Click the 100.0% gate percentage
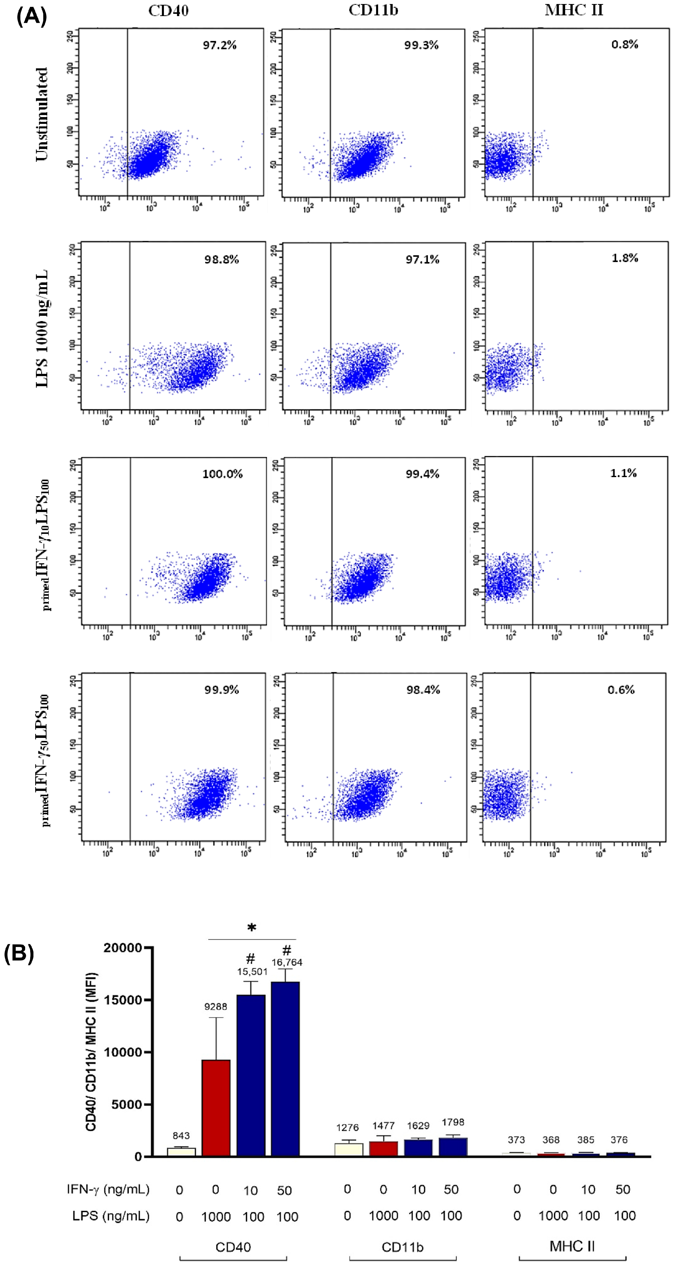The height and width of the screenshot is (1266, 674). coord(222,474)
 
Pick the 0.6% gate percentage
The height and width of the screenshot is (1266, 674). coord(621,690)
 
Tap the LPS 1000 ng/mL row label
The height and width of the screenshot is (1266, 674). coord(42,328)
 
